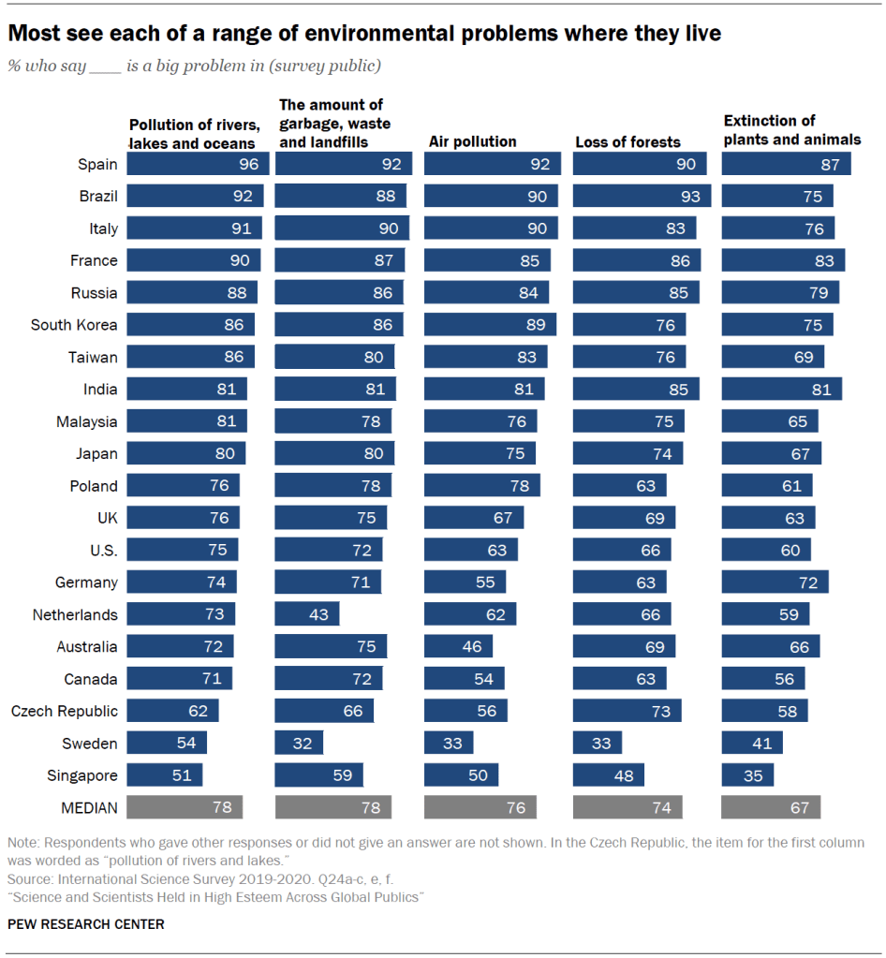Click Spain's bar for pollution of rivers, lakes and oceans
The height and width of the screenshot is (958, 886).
coord(198,164)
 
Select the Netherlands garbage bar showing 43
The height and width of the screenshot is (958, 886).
coord(307,614)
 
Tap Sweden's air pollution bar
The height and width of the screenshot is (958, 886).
coord(449,744)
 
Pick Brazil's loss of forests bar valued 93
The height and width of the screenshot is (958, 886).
coord(642,197)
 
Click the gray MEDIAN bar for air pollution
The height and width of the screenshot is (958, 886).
coord(480,807)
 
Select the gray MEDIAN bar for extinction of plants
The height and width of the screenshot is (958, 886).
coord(771,807)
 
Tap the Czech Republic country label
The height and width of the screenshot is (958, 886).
coord(65,711)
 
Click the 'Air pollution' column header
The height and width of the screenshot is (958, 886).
coord(472,141)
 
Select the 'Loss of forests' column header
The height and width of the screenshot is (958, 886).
coord(628,142)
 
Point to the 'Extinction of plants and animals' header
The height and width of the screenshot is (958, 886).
coord(791,130)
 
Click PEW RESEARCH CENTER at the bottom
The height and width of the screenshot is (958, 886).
coord(85,924)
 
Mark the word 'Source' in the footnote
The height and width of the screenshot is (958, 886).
coord(29,880)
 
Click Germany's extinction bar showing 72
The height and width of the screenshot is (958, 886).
coord(775,582)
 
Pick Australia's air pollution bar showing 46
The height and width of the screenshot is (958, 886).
coord(459,646)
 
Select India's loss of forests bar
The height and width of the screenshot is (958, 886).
coord(636,389)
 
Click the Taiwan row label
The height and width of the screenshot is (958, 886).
coord(93,357)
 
